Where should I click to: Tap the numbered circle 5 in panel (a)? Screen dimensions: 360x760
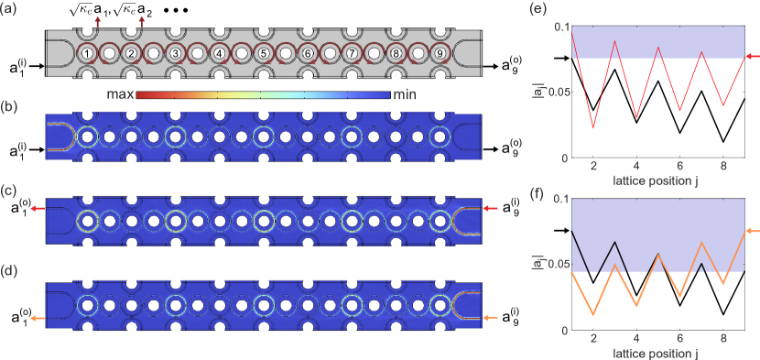pos(263,54)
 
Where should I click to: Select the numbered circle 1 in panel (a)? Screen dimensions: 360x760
pos(86,54)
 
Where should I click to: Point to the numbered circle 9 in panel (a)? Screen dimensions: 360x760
pos(440,54)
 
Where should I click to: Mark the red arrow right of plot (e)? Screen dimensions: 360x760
pos(750,58)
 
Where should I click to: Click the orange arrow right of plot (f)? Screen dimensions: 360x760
pos(750,231)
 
